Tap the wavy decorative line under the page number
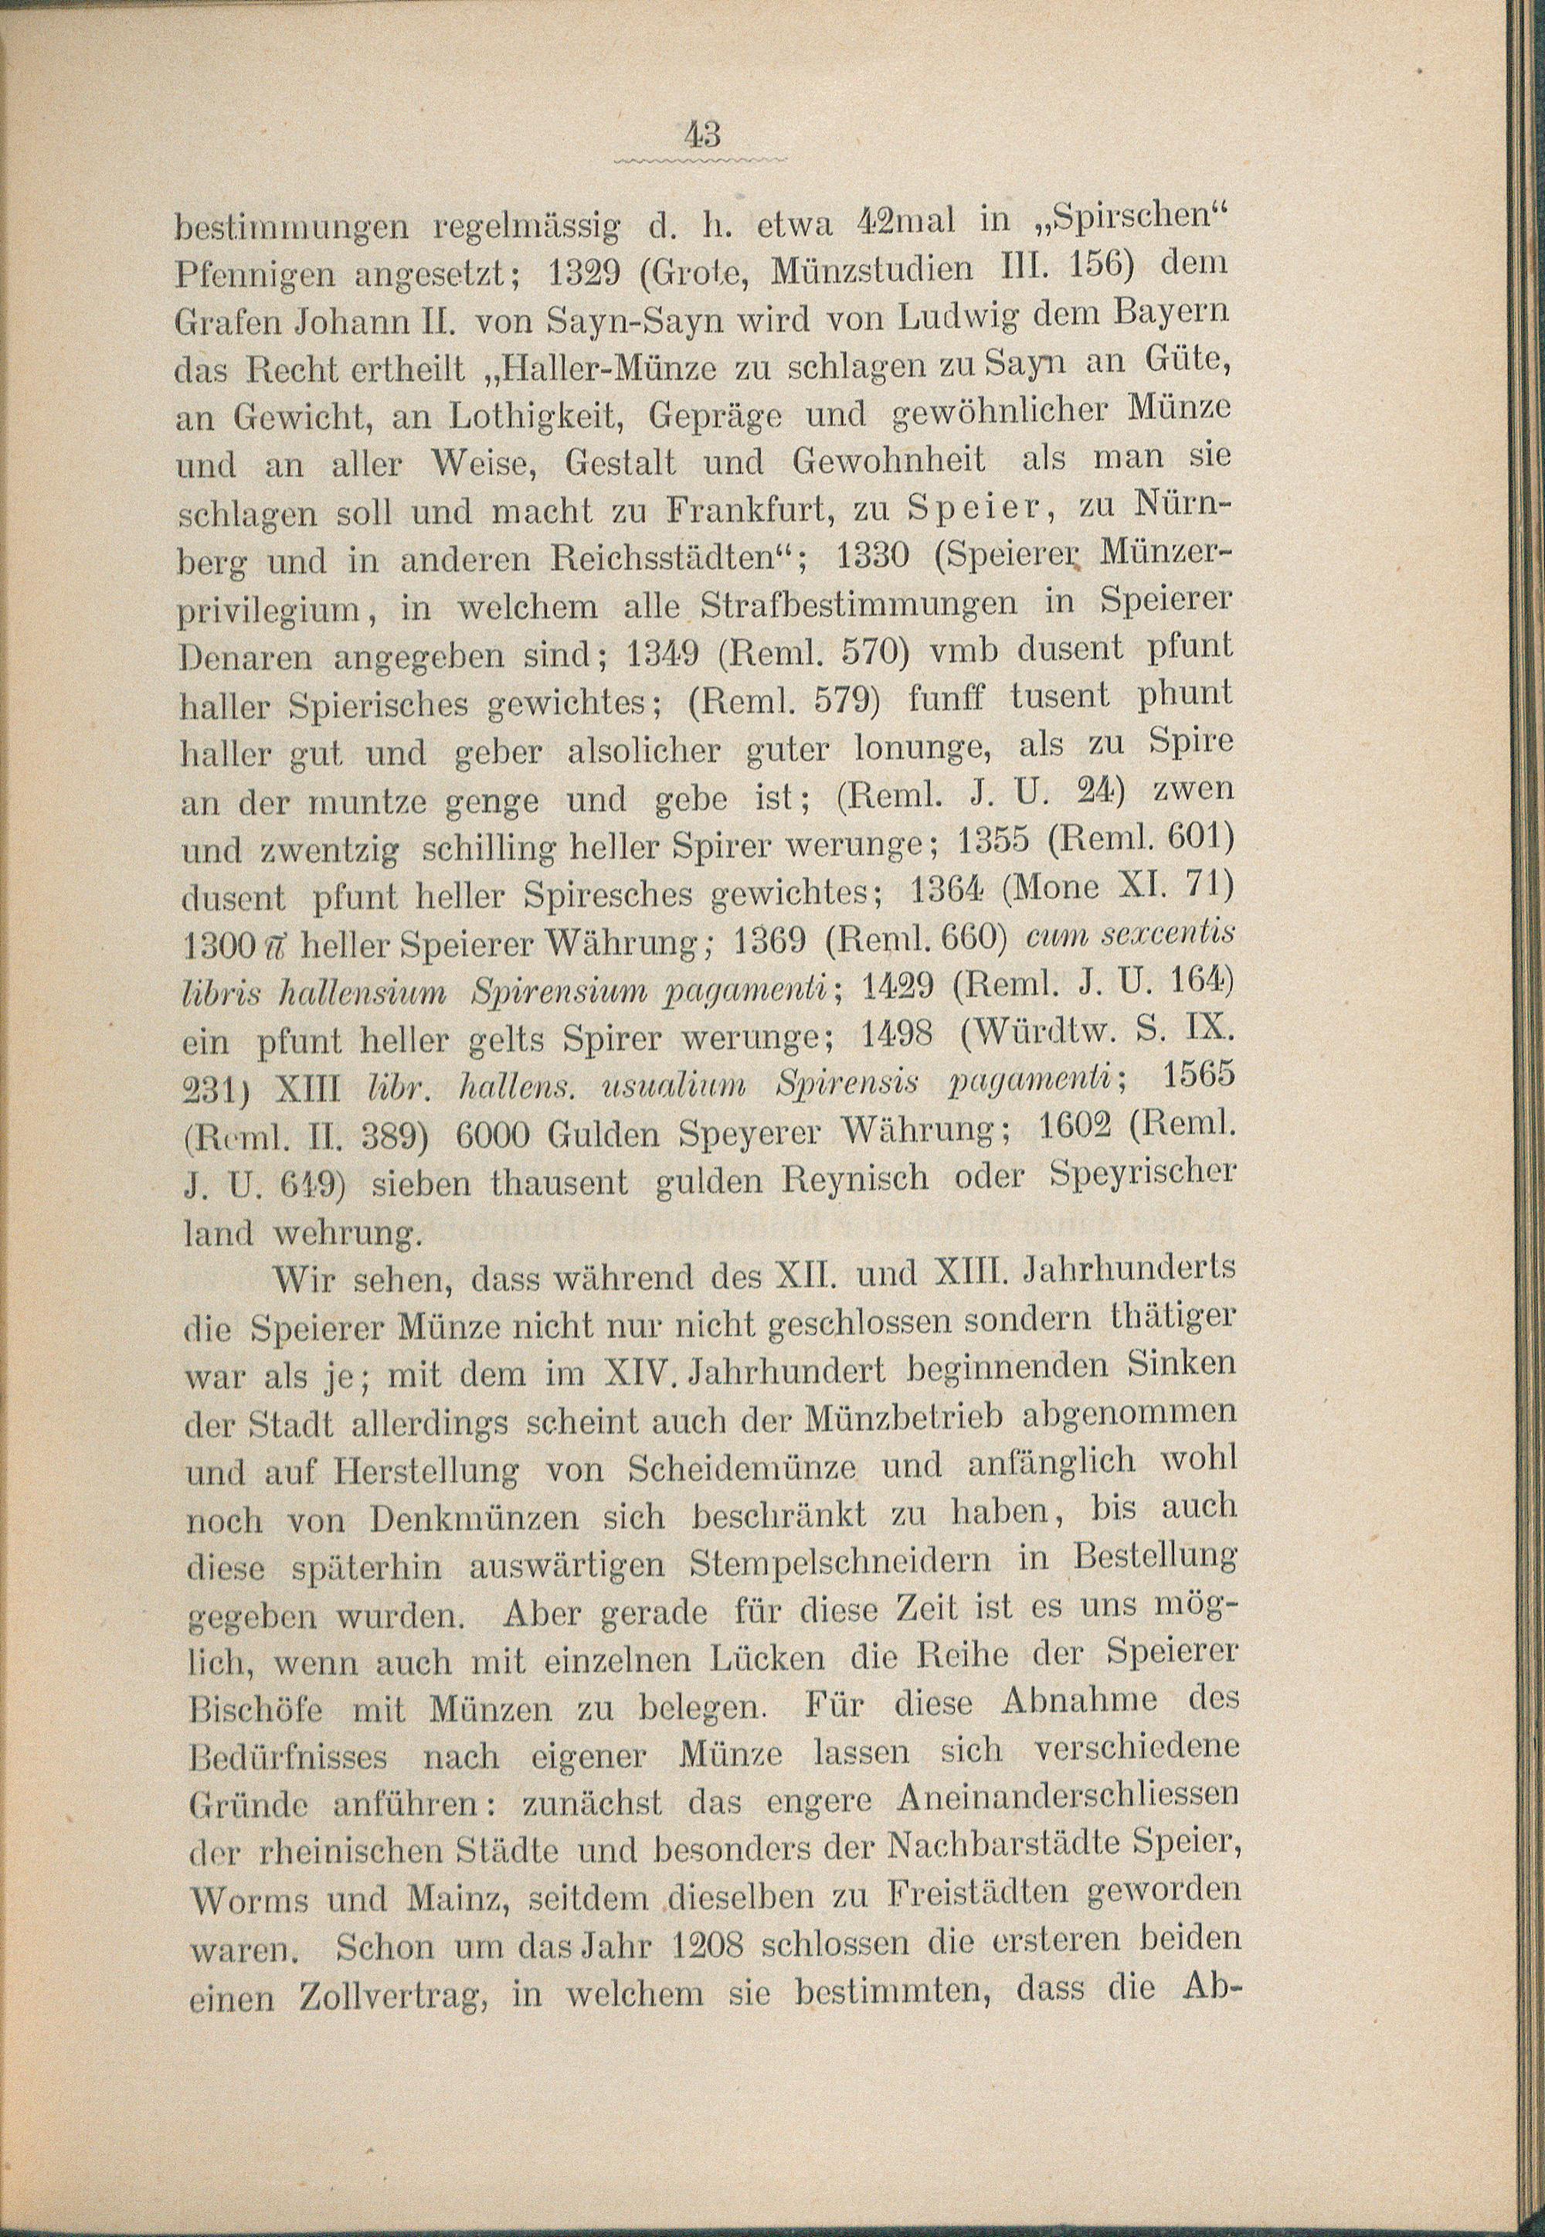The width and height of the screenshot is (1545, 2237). click(x=702, y=157)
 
